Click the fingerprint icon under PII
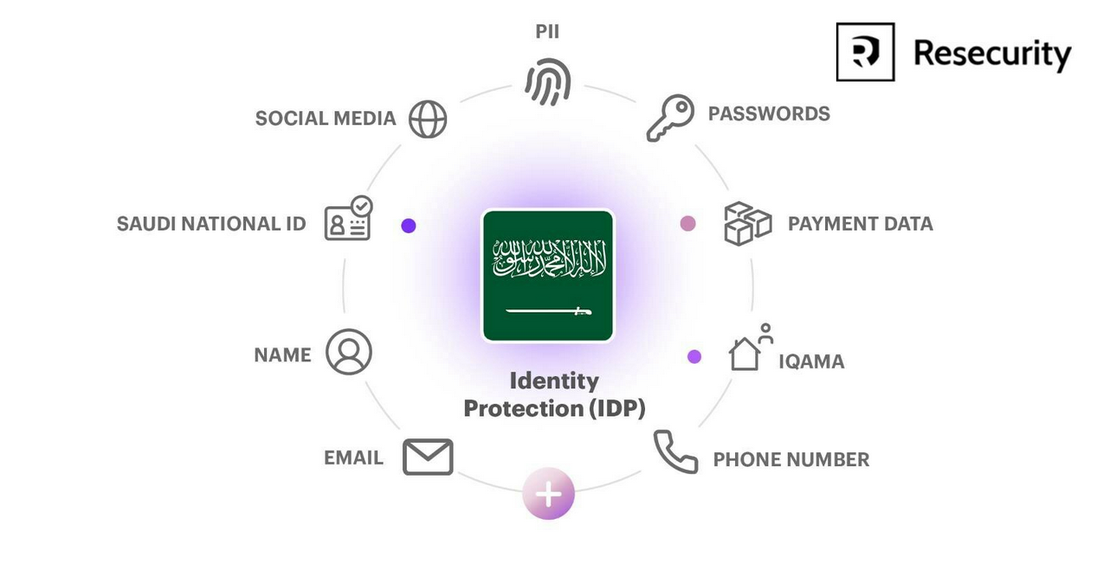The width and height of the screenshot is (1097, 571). tap(547, 81)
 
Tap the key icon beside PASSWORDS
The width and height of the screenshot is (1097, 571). tap(670, 118)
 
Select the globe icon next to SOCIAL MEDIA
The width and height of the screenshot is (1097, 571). tap(428, 119)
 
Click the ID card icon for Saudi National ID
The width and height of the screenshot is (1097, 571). tap(348, 218)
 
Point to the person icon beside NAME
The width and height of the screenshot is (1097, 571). tap(349, 352)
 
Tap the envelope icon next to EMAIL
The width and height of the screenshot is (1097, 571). tap(428, 457)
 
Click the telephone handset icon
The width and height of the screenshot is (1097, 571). tap(675, 452)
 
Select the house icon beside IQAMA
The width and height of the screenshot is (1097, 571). tap(745, 354)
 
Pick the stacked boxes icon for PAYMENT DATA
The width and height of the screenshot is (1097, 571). tap(748, 224)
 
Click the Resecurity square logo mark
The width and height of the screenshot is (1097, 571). tap(865, 52)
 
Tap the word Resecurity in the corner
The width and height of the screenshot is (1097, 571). tap(992, 54)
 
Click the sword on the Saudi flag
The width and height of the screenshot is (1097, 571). tap(549, 311)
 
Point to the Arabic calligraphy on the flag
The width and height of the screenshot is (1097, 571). tap(549, 258)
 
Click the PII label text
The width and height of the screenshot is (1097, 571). tap(547, 32)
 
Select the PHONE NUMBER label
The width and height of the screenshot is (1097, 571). tap(790, 460)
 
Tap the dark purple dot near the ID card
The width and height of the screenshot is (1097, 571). tap(409, 225)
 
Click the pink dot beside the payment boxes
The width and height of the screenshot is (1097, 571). tap(688, 224)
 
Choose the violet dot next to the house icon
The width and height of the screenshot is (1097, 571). tap(694, 356)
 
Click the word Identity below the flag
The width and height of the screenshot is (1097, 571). tap(554, 382)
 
